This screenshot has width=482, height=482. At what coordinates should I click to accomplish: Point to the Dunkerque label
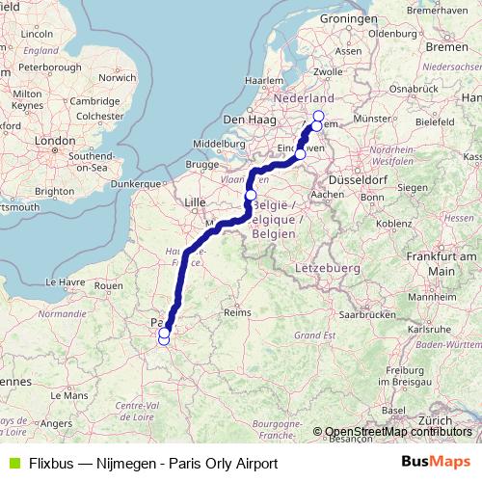[x=134, y=182]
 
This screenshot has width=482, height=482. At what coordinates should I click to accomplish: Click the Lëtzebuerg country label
[x=323, y=264]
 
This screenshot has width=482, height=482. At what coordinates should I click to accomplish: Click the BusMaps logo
[x=436, y=463]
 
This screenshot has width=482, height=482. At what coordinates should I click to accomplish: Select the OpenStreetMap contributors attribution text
[x=398, y=432]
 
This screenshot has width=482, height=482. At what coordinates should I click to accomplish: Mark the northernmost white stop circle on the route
[x=319, y=117]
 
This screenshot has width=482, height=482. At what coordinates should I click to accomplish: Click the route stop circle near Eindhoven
[x=301, y=154]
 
